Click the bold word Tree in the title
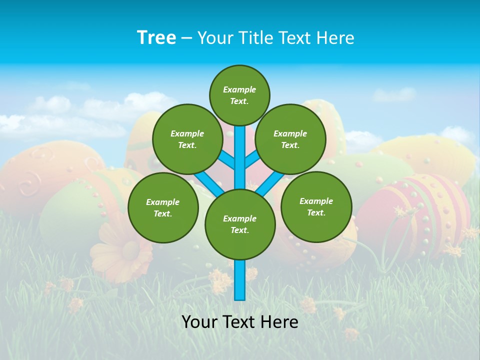pos(156,37)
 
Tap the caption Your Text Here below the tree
pos(239,322)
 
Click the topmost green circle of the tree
pos(239,95)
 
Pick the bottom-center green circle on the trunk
pos(240,224)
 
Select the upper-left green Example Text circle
pos(187,139)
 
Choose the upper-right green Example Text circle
pos(290,139)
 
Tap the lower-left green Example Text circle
pos(163,207)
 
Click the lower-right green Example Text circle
pos(316,206)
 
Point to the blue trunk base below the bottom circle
pos(240,280)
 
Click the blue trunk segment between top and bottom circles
pos(240,157)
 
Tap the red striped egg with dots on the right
pos(415,210)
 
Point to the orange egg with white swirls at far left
pos(45,175)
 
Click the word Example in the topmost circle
pos(239,89)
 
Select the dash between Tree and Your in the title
pos(186,38)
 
